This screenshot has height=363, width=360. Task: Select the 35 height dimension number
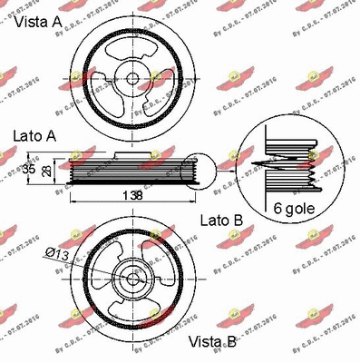(x=28, y=169)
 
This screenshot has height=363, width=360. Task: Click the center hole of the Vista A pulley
(x=132, y=77)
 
